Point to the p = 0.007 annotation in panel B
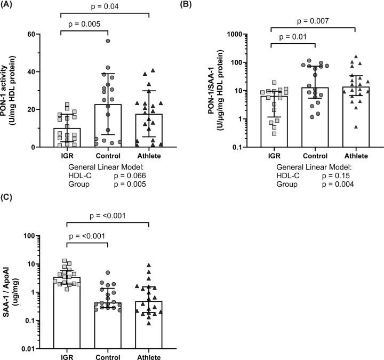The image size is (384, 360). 311,20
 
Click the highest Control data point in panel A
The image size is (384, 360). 108,41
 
